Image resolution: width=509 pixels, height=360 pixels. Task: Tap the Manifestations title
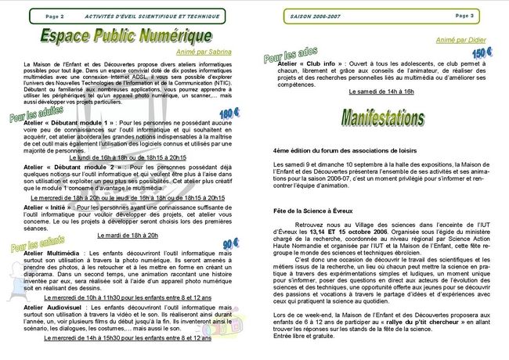coord(381,117)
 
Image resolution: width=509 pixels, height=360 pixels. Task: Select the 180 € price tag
coord(229,113)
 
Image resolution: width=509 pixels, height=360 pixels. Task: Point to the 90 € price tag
coord(230,244)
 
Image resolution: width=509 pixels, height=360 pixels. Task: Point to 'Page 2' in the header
coord(55,15)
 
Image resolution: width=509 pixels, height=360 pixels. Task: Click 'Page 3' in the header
coord(486,15)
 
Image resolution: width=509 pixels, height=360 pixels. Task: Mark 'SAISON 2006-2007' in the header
coord(314,15)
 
